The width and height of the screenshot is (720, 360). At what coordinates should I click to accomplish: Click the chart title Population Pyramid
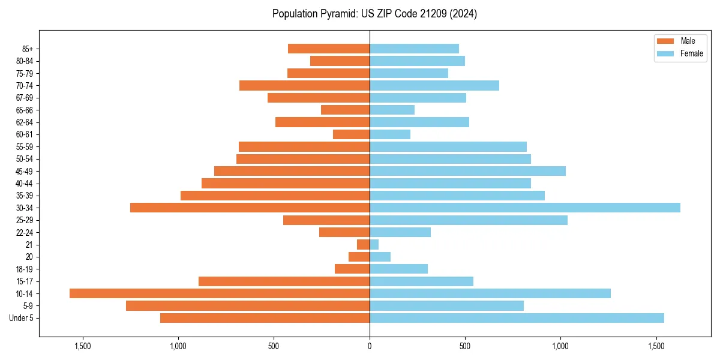pyautogui.click(x=374, y=14)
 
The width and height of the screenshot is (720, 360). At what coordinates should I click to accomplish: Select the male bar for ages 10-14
pyautogui.click(x=220, y=293)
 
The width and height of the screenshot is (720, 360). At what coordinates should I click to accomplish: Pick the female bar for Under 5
pyautogui.click(x=517, y=318)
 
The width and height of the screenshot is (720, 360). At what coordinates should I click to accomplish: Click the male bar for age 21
pyautogui.click(x=364, y=245)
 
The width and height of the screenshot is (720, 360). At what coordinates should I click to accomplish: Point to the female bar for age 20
pyautogui.click(x=380, y=257)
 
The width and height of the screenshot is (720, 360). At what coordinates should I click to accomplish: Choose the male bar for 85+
pyautogui.click(x=329, y=49)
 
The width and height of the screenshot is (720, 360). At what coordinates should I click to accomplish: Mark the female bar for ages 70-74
pyautogui.click(x=434, y=85)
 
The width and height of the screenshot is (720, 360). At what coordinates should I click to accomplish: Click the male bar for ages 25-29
pyautogui.click(x=326, y=220)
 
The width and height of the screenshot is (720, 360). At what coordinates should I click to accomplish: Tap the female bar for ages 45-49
pyautogui.click(x=467, y=171)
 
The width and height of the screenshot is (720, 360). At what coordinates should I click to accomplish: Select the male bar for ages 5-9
pyautogui.click(x=248, y=306)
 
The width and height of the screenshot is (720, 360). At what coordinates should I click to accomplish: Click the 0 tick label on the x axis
pyautogui.click(x=370, y=346)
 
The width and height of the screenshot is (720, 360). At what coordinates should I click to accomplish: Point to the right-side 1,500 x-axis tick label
pyautogui.click(x=656, y=346)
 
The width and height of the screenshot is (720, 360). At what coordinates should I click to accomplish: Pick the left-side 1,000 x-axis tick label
pyautogui.click(x=178, y=346)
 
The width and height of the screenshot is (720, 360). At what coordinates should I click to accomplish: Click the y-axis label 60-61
pyautogui.click(x=24, y=134)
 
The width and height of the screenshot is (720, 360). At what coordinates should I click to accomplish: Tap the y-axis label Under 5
pyautogui.click(x=22, y=318)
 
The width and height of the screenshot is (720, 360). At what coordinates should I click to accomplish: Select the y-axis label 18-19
pyautogui.click(x=24, y=269)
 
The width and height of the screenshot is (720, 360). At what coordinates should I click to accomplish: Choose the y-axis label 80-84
pyautogui.click(x=24, y=61)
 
